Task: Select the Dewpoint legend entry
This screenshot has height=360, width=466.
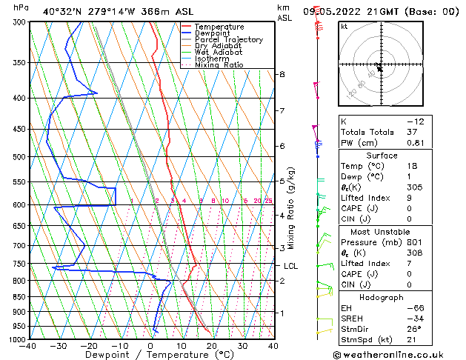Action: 213,33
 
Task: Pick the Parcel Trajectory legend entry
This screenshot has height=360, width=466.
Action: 228,40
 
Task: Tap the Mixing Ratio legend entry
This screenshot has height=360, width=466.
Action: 219,65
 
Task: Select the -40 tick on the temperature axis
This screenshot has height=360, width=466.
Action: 30,346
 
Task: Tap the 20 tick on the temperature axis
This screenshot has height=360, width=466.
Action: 212,346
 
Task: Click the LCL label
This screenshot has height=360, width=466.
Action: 291,266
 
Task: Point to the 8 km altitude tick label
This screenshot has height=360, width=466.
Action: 282,75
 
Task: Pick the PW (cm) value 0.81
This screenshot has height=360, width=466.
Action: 416,143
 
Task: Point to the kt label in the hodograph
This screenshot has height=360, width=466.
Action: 344,27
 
